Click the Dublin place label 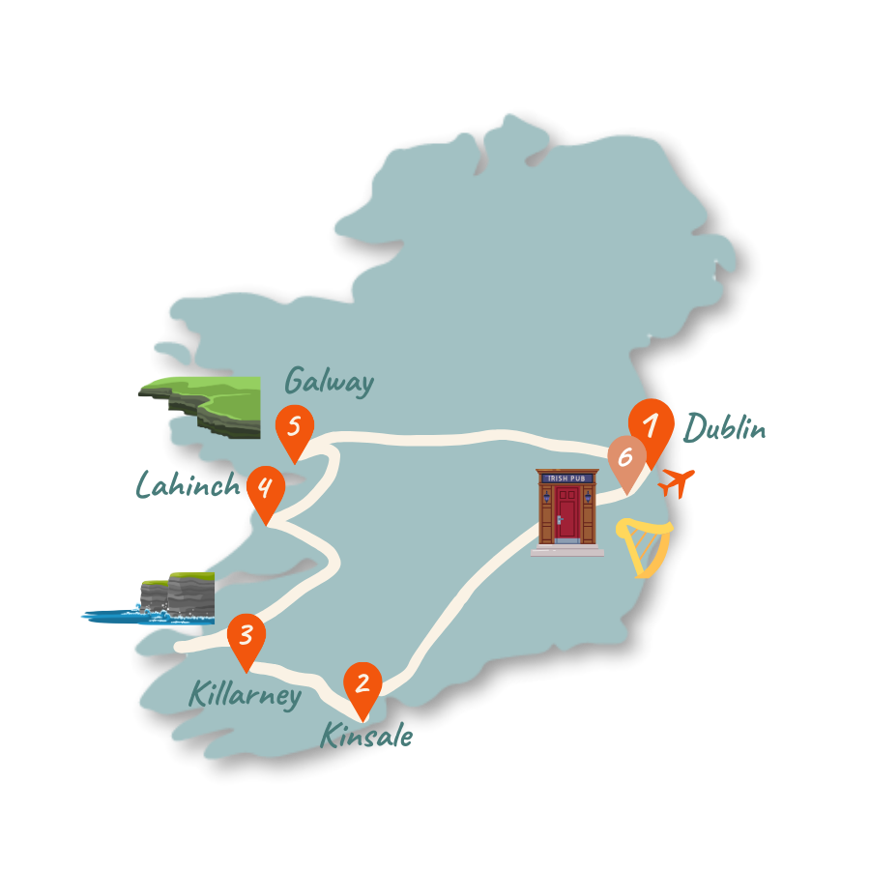click(x=725, y=427)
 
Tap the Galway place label click(x=330, y=381)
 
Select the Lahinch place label click(x=187, y=484)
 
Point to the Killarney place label click(x=245, y=694)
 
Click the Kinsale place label click(x=366, y=737)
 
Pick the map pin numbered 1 click(x=651, y=426)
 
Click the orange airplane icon click(x=678, y=480)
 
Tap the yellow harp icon click(x=645, y=547)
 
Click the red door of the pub click(x=566, y=512)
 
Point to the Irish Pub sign click(x=566, y=478)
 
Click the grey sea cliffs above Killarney click(x=179, y=592)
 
